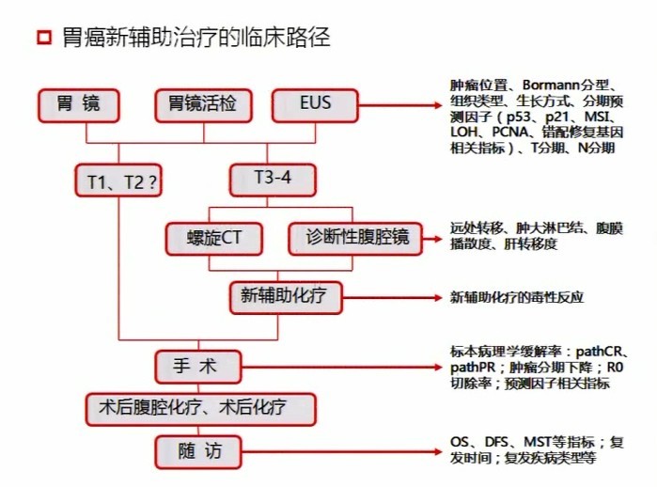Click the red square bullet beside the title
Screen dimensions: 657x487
coord(44,37)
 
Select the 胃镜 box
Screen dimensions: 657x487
coord(79,105)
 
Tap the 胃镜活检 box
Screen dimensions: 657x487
coord(203,105)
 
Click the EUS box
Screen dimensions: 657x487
coord(315,105)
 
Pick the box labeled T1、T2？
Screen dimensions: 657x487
coord(118,181)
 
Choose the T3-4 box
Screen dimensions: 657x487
coord(273,181)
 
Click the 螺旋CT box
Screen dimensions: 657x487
coord(214,239)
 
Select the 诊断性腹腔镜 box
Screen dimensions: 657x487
coord(355,239)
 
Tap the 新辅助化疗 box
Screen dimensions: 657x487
coord(286,298)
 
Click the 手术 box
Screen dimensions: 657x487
coord(198,368)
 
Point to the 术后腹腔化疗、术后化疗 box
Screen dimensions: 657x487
coord(201,410)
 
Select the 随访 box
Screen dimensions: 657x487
coord(198,452)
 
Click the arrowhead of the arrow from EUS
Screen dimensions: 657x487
coord(438,105)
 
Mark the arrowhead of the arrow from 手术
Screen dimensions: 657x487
coord(438,368)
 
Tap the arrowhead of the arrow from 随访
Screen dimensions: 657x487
coord(438,452)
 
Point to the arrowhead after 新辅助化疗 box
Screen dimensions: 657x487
coord(438,298)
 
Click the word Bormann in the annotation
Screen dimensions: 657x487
coord(551,85)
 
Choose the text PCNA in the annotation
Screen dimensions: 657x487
coord(510,132)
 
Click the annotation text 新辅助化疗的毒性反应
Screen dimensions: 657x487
coord(517,297)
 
